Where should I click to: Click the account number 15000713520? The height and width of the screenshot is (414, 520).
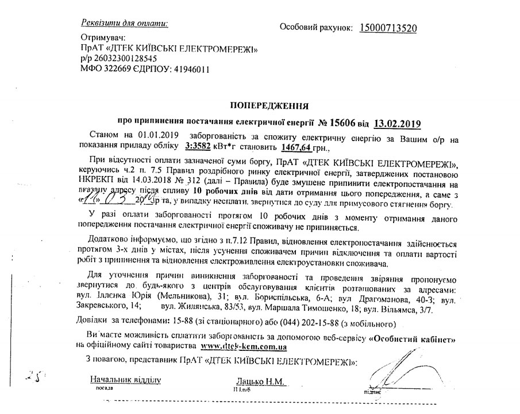click(388, 28)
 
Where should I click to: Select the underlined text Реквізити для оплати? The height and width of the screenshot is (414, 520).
click(125, 24)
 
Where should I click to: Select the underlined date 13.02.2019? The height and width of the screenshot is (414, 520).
click(397, 122)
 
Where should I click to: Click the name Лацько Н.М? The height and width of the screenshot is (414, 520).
click(260, 381)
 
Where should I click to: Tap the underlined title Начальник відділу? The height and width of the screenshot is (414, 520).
click(125, 380)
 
